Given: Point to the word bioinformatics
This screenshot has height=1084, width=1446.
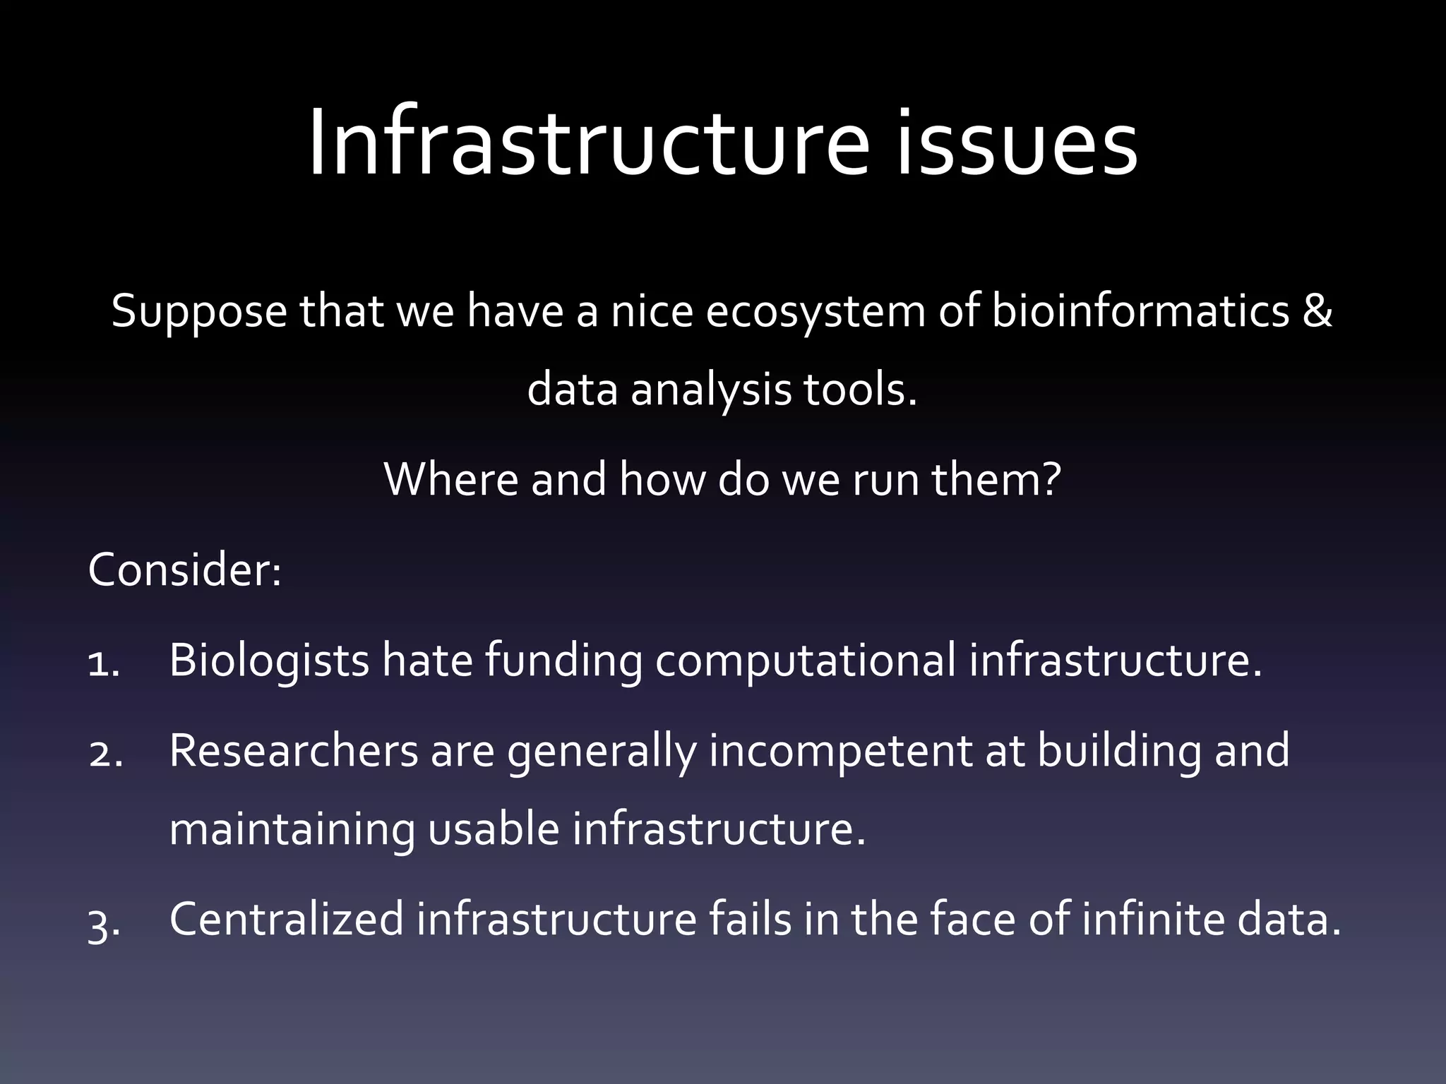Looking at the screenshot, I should click(1141, 311).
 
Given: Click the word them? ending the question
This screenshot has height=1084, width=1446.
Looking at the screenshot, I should click(996, 478).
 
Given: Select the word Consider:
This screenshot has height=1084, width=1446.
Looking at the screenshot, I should click(185, 570).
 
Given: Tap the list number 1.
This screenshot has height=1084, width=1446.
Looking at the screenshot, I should click(103, 663).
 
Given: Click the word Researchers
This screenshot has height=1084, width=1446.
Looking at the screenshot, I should click(294, 750).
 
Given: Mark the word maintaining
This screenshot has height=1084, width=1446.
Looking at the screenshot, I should click(292, 829).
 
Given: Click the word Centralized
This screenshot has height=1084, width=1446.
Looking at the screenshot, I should click(286, 920).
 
